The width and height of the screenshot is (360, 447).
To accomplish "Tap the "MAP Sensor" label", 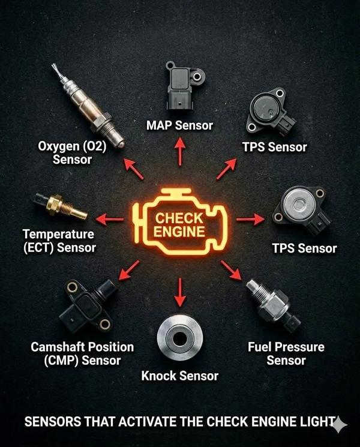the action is pyautogui.click(x=179, y=125).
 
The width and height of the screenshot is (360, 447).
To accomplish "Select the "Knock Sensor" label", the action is pyautogui.click(x=180, y=376).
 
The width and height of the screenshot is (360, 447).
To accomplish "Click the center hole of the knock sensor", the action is pyautogui.click(x=180, y=338).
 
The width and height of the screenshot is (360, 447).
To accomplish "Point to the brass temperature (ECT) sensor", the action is pyautogui.click(x=61, y=206).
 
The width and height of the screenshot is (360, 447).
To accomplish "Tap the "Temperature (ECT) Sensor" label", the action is pyautogui.click(x=59, y=241).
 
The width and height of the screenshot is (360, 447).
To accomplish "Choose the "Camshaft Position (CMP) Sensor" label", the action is pyautogui.click(x=82, y=354).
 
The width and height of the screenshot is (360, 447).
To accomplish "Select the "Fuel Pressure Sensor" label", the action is pyautogui.click(x=286, y=354).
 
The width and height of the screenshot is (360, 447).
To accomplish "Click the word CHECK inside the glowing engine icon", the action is pyautogui.click(x=179, y=218).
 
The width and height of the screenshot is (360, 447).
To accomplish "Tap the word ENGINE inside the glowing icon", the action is pyautogui.click(x=179, y=232).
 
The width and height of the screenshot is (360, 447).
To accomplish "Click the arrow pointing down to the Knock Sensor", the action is pyautogui.click(x=180, y=292).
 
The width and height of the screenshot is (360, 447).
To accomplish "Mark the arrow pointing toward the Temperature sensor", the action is pyautogui.click(x=109, y=219).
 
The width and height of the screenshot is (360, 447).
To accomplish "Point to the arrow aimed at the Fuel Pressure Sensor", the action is pyautogui.click(x=231, y=271).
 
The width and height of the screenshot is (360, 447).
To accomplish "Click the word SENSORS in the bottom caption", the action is pyautogui.click(x=53, y=422).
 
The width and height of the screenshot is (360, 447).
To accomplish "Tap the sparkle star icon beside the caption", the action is pyautogui.click(x=339, y=424).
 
